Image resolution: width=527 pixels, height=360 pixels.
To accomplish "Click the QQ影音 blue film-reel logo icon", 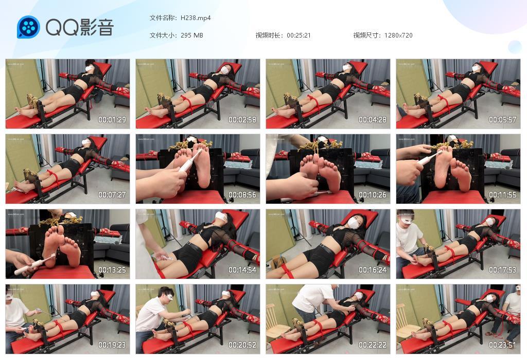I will pos(28,27).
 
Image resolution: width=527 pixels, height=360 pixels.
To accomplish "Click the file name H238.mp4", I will pos(196,18).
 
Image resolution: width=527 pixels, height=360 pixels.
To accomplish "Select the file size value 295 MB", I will pos(192,35).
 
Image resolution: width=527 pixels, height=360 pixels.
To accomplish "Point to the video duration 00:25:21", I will pos(298,35).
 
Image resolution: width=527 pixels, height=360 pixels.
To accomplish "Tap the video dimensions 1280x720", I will pos(398,35).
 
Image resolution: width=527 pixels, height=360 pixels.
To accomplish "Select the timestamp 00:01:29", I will pos(112,120).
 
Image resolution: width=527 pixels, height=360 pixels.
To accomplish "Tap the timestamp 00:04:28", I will pos(373,120).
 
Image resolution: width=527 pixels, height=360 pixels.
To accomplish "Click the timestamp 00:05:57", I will pos(502,120).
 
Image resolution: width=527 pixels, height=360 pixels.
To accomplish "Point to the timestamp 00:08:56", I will pos(242,195).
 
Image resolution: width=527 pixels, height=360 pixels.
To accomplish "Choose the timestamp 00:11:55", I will pos(502,195).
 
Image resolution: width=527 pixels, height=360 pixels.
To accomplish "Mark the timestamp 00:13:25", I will pos(112,270).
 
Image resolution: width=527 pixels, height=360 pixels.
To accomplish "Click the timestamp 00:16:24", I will pos(373,270).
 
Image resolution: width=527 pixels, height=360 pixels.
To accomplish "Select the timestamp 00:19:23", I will pos(112,345).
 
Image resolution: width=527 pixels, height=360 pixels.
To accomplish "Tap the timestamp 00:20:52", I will pos(242,345).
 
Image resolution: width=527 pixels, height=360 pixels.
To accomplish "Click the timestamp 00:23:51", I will pos(502,345).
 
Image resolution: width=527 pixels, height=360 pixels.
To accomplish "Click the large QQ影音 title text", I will pos(80,27).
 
